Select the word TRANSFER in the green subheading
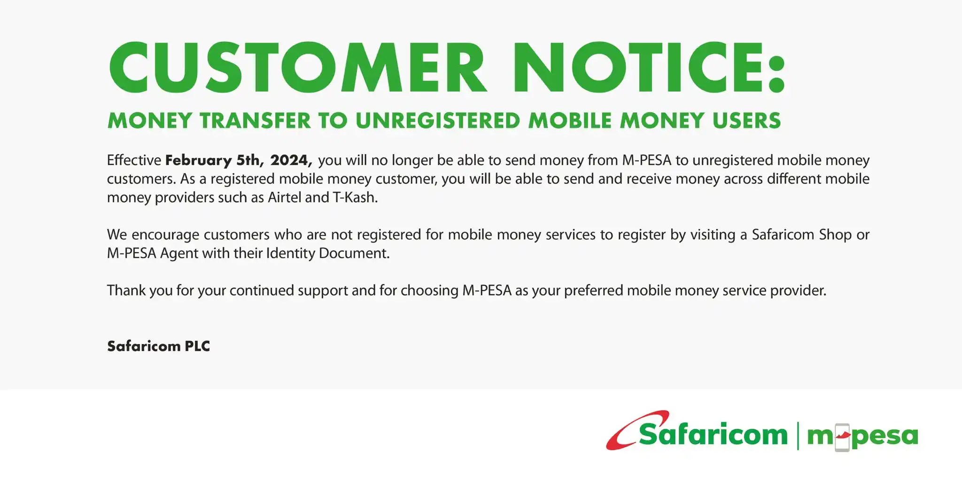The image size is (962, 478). (255, 121)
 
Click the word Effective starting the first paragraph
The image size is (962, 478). (134, 160)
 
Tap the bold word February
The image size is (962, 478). (198, 161)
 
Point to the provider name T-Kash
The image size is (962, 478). (355, 197)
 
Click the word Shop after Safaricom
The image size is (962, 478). (835, 235)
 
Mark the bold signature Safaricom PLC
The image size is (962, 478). (158, 346)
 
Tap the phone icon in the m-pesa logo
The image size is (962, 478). (842, 438)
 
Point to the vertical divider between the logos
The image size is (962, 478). (798, 436)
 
